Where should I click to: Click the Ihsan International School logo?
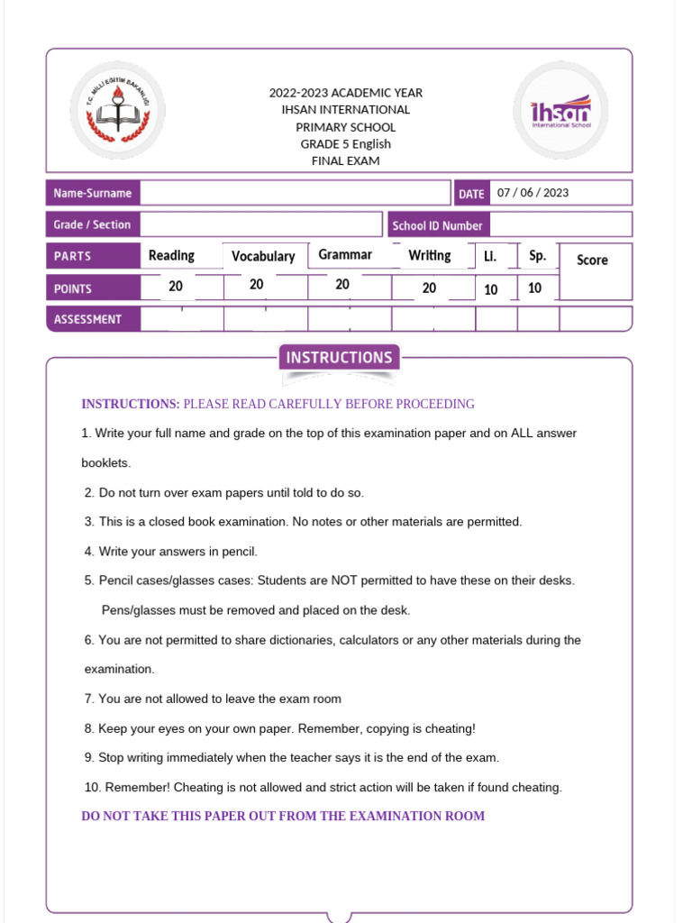point(560,111)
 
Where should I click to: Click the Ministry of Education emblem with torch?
point(117,111)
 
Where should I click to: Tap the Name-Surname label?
point(92,193)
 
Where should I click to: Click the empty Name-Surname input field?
point(295,193)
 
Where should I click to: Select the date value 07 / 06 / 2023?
point(533,193)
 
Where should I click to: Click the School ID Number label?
point(437,225)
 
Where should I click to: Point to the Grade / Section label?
point(92,224)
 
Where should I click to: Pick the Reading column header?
point(171,256)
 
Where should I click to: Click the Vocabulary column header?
point(263,257)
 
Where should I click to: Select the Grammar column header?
point(345,255)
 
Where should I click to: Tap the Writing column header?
point(430,255)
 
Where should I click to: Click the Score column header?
point(592,260)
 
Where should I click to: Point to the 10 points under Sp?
point(535,288)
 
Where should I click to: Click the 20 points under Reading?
point(176,286)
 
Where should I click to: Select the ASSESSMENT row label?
point(87,319)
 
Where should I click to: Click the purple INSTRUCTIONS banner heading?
point(339,358)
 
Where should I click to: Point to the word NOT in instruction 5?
point(345,580)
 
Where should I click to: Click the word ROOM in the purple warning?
point(465,816)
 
